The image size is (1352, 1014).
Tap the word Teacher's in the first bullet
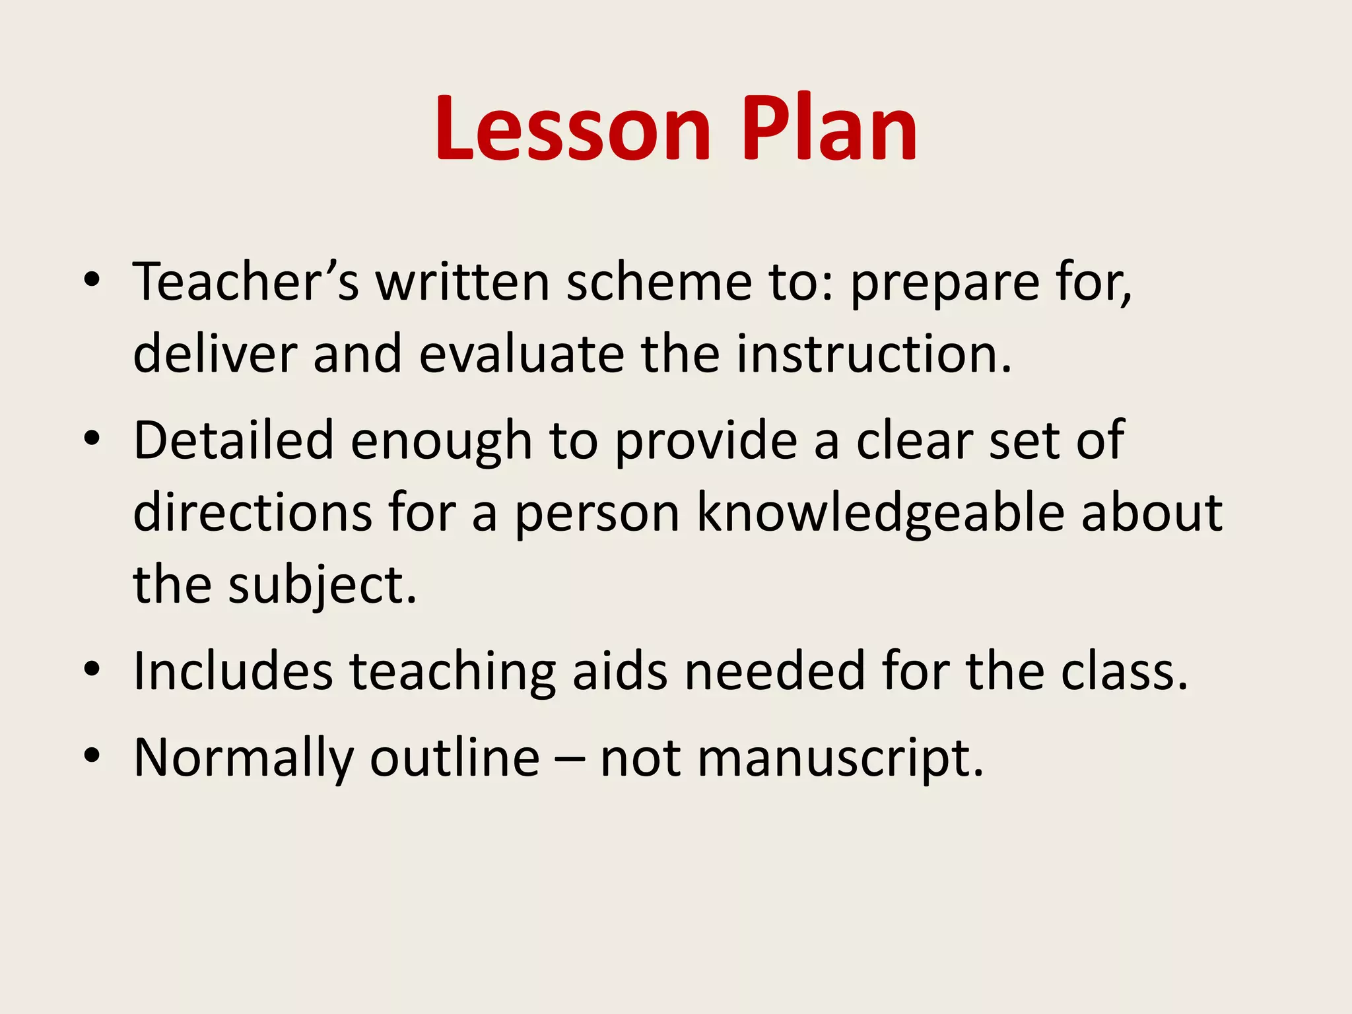point(246,282)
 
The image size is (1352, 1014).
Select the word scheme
point(659,282)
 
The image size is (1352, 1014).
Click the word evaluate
point(522,354)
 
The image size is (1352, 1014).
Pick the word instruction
point(873,354)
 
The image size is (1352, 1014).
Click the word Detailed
point(234,440)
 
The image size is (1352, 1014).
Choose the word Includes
point(233,671)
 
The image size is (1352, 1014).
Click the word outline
point(455,758)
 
